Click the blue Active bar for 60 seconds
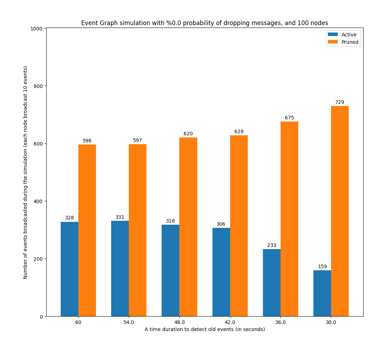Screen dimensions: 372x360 (x=70, y=269)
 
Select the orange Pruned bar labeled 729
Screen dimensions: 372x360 (x=340, y=211)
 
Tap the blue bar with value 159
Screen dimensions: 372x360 (x=322, y=293)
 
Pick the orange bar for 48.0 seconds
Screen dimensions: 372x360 (x=188, y=227)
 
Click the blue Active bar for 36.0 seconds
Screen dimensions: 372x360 (x=272, y=283)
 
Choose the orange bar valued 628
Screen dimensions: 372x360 (x=239, y=226)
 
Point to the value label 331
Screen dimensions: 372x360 (x=120, y=217)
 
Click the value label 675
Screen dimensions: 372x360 (x=289, y=118)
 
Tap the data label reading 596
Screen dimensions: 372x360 (x=87, y=141)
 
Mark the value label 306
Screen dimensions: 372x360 (x=221, y=224)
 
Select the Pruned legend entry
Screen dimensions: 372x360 (x=343, y=42)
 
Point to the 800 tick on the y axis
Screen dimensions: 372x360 (x=38, y=86)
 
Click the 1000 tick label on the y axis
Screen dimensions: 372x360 (x=37, y=29)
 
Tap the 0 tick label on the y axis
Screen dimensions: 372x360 (x=42, y=317)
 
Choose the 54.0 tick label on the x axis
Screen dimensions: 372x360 (x=129, y=323)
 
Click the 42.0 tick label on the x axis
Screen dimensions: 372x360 (x=230, y=323)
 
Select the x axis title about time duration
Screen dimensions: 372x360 (x=205, y=329)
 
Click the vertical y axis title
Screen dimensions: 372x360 (x=25, y=172)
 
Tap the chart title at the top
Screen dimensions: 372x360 (x=204, y=23)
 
